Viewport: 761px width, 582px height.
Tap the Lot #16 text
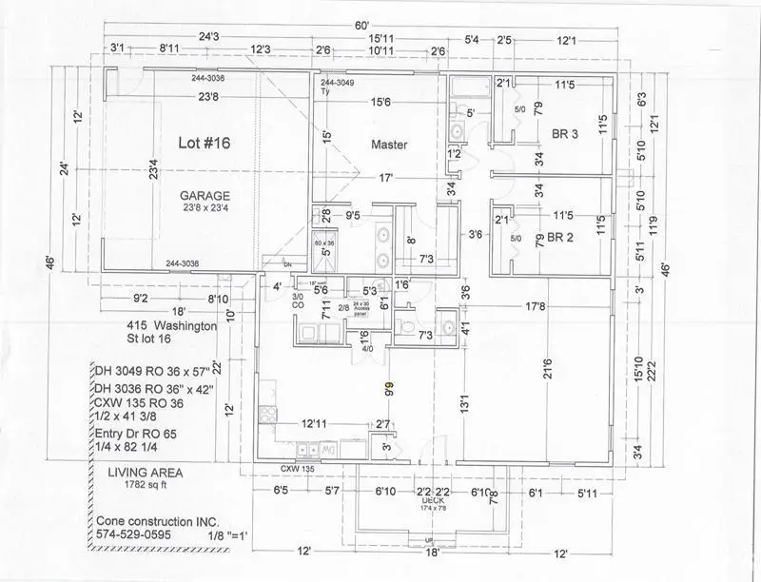(205, 143)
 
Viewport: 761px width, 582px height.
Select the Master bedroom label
(389, 145)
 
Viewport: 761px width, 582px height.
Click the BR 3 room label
(566, 134)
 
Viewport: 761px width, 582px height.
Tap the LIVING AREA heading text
(145, 473)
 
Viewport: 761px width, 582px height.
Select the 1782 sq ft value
(140, 486)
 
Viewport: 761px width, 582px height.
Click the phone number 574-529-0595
(141, 535)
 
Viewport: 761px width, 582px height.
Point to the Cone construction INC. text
(157, 522)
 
